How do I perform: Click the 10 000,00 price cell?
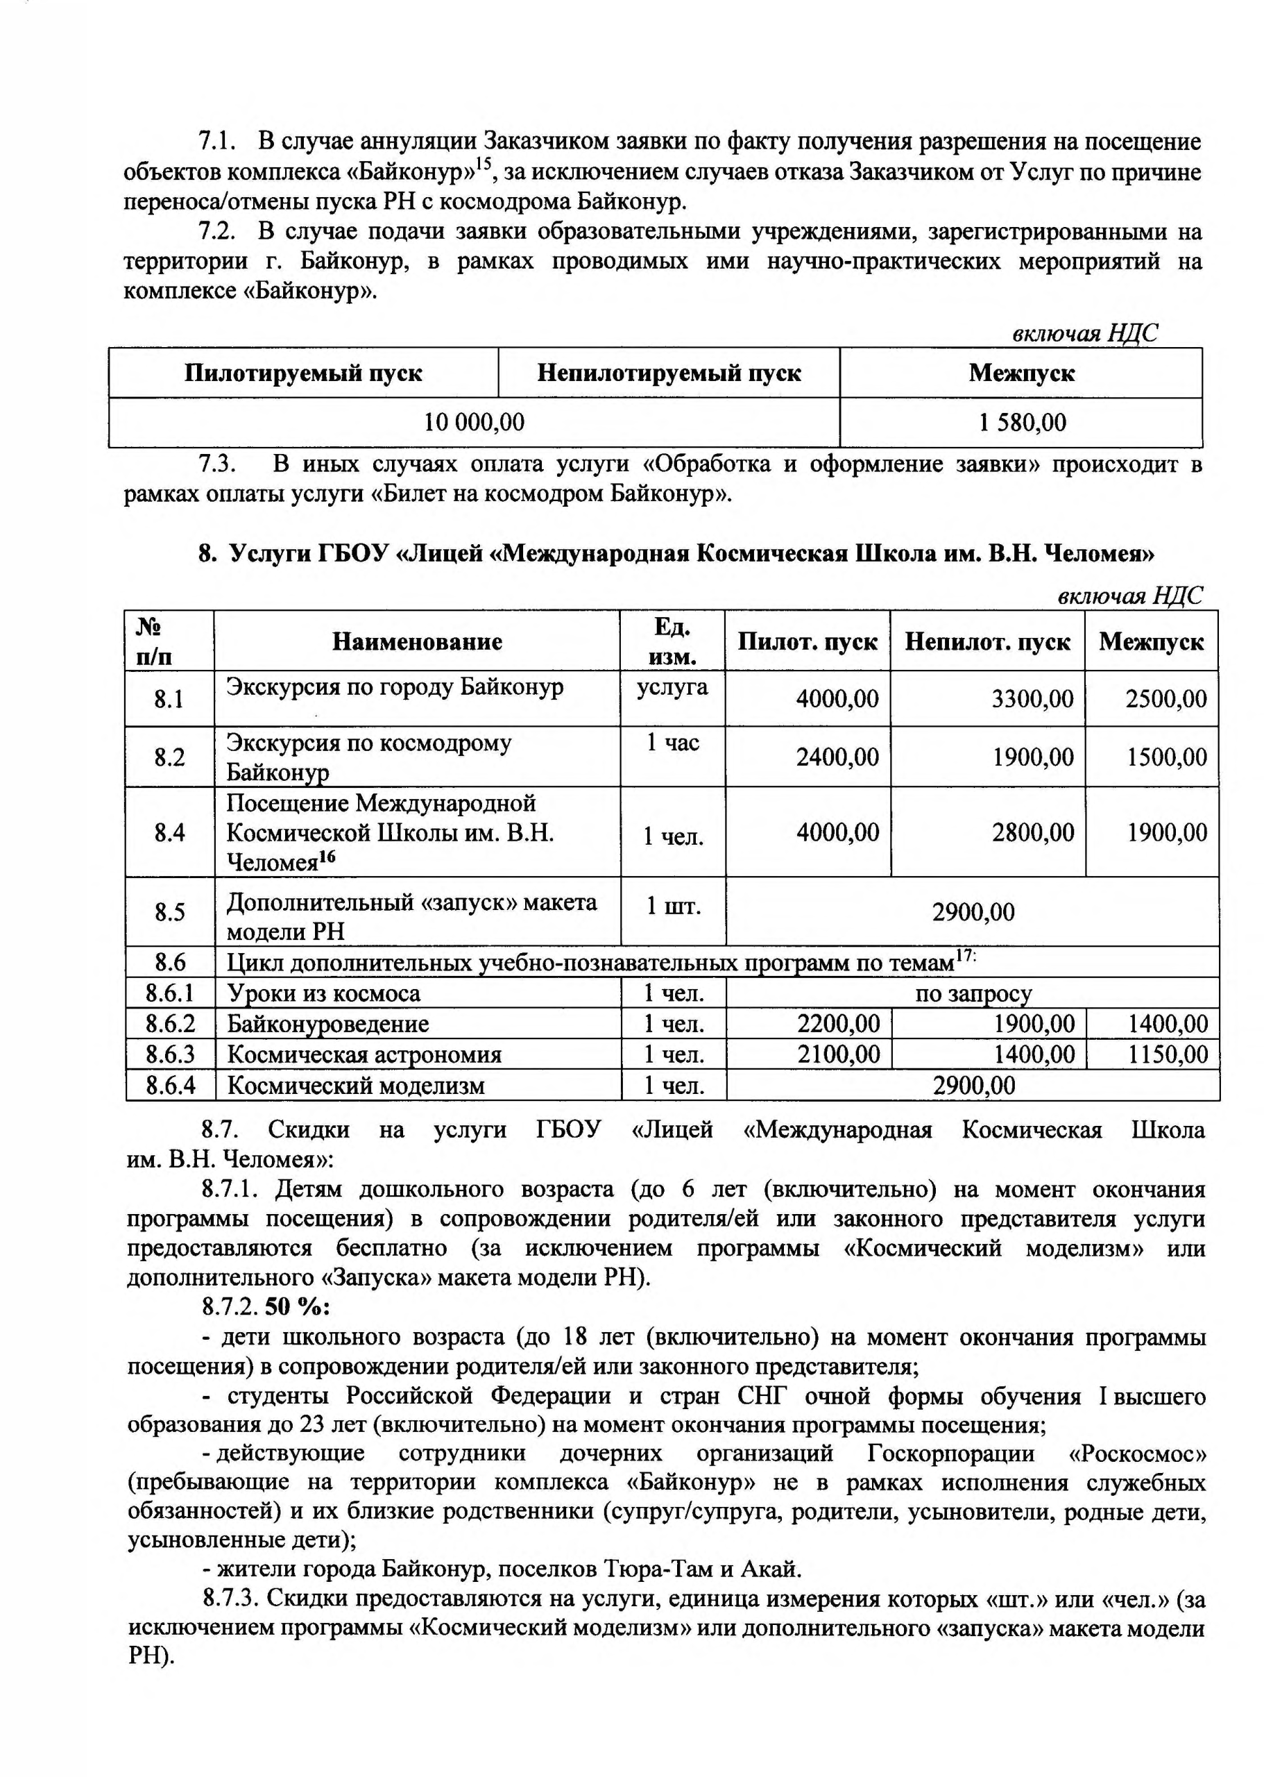click(473, 422)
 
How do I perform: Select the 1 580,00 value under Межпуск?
click(1022, 422)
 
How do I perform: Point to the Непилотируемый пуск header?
click(669, 373)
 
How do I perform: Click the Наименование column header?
click(417, 641)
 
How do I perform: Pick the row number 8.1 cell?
click(169, 698)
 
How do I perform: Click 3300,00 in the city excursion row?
click(1032, 698)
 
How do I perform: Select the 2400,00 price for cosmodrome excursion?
click(837, 757)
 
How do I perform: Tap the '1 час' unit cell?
click(672, 743)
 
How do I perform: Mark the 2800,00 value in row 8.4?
click(1032, 832)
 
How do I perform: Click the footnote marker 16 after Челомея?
click(327, 857)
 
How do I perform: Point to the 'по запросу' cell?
click(973, 993)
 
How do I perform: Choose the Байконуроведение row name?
click(327, 1024)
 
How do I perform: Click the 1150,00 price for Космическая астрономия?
click(1168, 1055)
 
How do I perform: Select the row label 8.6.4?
click(170, 1086)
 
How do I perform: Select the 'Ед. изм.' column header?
click(672, 641)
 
